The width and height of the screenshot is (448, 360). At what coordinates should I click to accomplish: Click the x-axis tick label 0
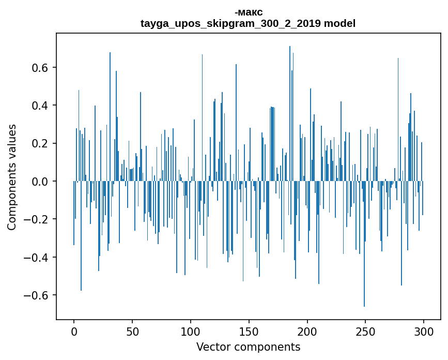tap(74, 331)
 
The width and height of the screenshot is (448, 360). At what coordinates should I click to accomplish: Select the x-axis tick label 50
tap(132, 331)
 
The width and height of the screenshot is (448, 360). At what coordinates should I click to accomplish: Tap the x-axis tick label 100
tap(191, 331)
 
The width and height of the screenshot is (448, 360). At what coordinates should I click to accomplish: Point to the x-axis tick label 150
tap(249, 331)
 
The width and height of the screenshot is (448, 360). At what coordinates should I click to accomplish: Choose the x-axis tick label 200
tap(307, 331)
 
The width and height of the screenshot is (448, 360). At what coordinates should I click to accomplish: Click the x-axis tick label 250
tap(366, 331)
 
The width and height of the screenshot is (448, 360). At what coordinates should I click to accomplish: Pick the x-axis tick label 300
tap(424, 331)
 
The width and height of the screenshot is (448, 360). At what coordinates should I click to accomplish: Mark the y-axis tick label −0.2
tap(38, 219)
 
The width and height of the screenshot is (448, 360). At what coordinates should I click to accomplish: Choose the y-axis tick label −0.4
tap(38, 258)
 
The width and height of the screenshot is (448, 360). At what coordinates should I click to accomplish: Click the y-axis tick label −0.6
tap(38, 295)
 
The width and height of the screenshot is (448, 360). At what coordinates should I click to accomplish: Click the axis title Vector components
tap(248, 347)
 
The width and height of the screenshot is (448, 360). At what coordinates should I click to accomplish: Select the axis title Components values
tap(12, 177)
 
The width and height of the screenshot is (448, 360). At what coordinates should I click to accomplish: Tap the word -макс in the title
tap(248, 12)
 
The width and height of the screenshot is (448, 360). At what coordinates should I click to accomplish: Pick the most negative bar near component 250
tap(364, 305)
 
